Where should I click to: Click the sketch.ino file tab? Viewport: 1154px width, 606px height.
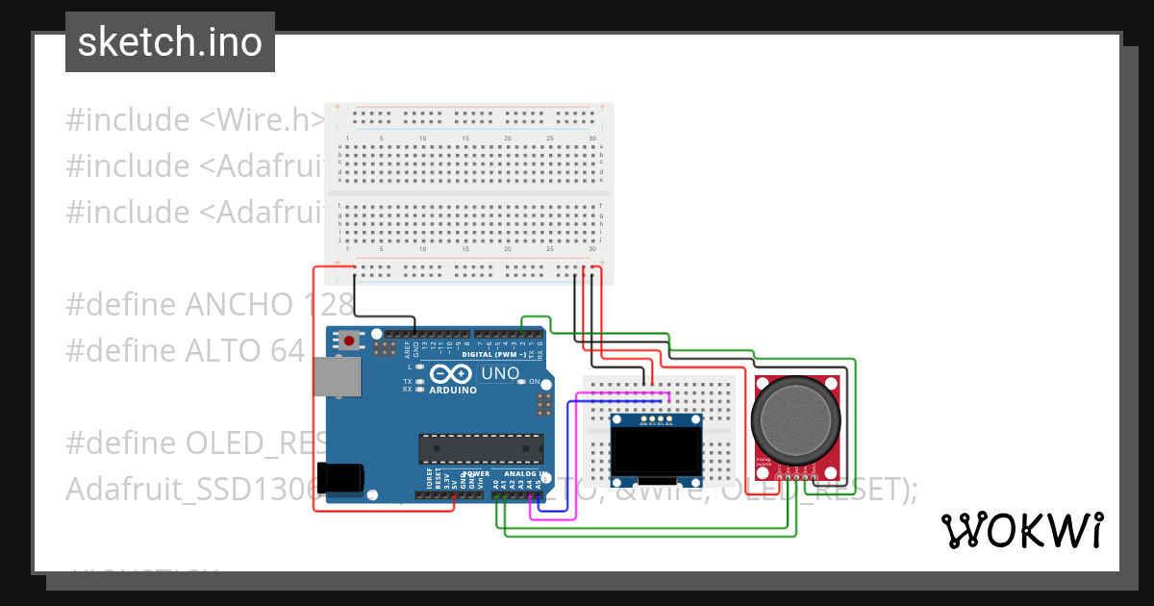[x=170, y=42]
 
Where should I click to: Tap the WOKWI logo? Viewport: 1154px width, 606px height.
[x=1021, y=530]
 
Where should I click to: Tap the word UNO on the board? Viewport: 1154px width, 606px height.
[x=499, y=373]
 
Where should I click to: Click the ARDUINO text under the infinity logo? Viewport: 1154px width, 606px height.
[x=453, y=391]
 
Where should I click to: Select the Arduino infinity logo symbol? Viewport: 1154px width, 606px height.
[x=453, y=374]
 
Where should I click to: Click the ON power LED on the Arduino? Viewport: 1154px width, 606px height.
[x=522, y=382]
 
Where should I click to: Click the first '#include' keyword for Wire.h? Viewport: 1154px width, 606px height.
[x=128, y=120]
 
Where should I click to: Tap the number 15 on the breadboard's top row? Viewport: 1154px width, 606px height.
[x=465, y=139]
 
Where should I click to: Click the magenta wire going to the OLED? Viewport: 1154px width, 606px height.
[x=573, y=481]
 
